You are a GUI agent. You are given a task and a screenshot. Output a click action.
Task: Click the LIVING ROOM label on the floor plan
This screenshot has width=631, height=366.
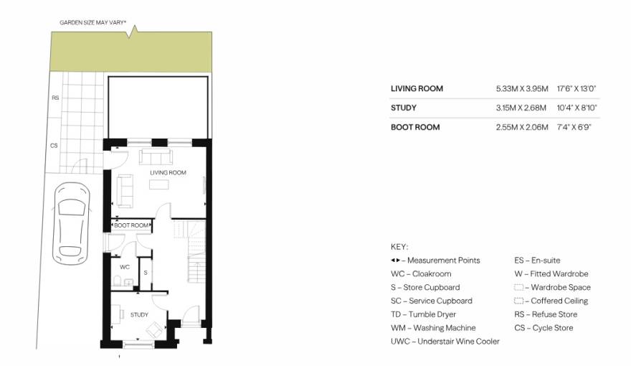[x=168, y=172]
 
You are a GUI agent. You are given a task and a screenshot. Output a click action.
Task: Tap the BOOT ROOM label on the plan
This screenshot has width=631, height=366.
[x=131, y=225]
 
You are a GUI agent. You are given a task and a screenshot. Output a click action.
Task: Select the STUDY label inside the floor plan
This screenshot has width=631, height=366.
[x=139, y=314]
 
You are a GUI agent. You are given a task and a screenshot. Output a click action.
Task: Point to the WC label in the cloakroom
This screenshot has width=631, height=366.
[x=125, y=267]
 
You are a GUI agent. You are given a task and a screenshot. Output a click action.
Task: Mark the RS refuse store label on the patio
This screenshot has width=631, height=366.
[x=55, y=98]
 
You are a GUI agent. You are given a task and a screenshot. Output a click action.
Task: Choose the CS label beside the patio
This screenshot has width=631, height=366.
[x=54, y=146]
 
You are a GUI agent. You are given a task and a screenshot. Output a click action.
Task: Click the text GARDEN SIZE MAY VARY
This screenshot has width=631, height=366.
[x=92, y=22]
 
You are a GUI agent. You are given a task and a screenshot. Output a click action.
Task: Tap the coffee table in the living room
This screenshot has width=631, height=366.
[x=159, y=184]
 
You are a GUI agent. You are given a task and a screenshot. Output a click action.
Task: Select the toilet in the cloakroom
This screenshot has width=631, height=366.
[x=118, y=280]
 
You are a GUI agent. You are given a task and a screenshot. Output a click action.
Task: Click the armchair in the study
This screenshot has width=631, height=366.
[x=155, y=330]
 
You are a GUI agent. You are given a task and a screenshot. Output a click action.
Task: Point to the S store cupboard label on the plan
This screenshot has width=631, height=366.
[x=146, y=273]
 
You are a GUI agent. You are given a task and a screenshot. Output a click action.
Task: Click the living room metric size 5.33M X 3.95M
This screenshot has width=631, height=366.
[x=522, y=88]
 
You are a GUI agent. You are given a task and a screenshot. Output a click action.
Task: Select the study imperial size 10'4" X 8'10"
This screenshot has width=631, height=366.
[x=577, y=108]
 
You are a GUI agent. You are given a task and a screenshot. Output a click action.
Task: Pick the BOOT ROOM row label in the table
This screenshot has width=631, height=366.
[x=415, y=127]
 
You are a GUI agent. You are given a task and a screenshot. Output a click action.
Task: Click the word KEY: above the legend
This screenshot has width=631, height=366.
[x=399, y=247]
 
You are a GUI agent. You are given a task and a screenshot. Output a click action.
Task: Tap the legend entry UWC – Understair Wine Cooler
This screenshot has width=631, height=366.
[x=445, y=342]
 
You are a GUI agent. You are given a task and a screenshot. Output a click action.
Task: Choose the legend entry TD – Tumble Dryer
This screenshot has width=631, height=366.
[x=423, y=314]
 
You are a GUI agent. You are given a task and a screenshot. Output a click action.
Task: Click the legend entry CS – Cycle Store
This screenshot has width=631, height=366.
[x=544, y=328]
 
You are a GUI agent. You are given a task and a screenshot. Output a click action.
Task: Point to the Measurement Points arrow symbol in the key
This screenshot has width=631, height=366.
[x=396, y=260]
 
